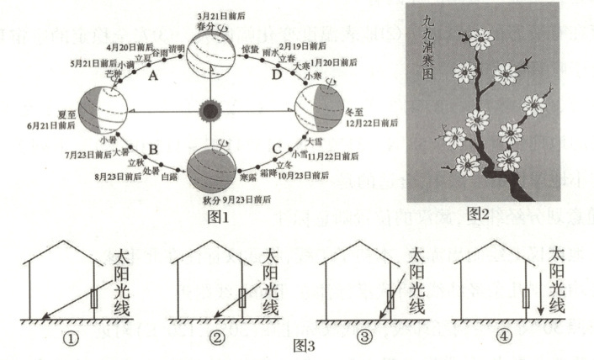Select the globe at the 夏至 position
coord(103,109)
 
